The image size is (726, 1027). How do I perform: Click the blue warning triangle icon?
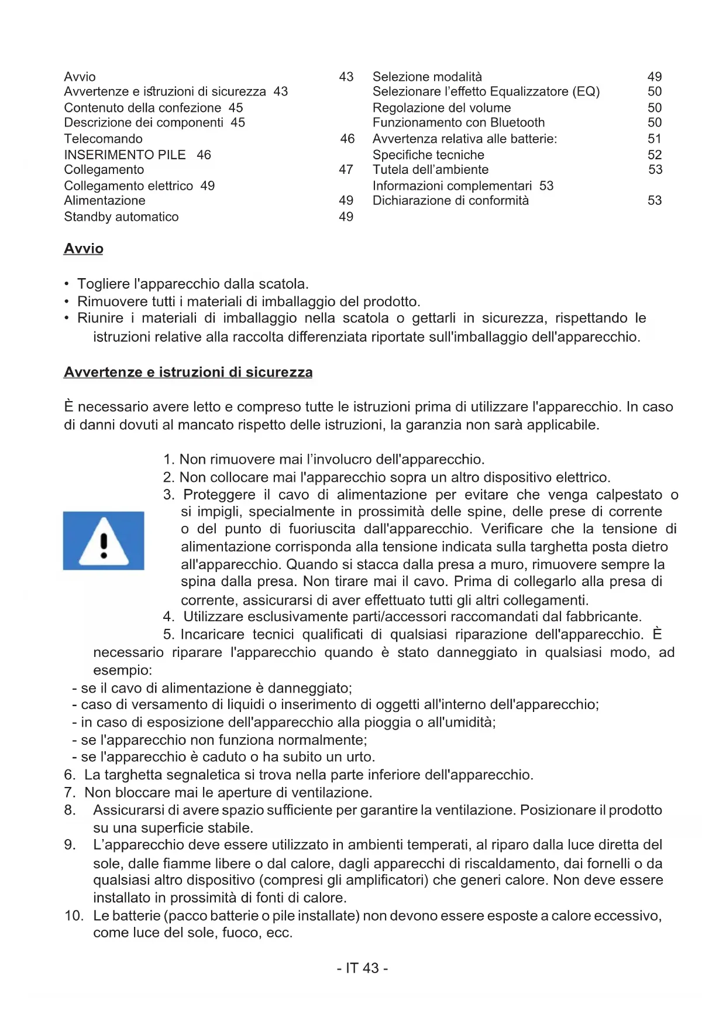point(104,540)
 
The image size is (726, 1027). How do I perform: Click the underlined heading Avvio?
point(84,249)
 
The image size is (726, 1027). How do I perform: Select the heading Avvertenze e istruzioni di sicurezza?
point(188,372)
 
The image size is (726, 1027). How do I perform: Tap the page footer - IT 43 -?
point(362,968)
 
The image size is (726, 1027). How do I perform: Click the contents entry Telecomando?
point(103,139)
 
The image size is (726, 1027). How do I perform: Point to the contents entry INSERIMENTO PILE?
point(125,155)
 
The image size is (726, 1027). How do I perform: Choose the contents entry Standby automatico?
point(121,217)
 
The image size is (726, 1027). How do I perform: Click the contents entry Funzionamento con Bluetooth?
point(459,122)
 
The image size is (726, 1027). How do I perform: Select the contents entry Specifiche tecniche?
point(428,155)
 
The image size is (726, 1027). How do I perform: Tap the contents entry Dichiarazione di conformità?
point(450,200)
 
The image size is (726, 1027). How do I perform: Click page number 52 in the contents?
point(655,155)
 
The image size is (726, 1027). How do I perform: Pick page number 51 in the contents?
point(655,139)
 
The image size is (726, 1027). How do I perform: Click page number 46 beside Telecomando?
point(347,139)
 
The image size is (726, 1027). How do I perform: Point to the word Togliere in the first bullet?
point(104,284)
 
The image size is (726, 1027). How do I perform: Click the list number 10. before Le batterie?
point(74,916)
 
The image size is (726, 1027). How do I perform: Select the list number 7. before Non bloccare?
point(70,793)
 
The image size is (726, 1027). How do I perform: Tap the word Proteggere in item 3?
point(219,495)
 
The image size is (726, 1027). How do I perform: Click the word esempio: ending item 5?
point(122,670)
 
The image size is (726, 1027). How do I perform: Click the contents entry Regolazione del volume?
point(442,108)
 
